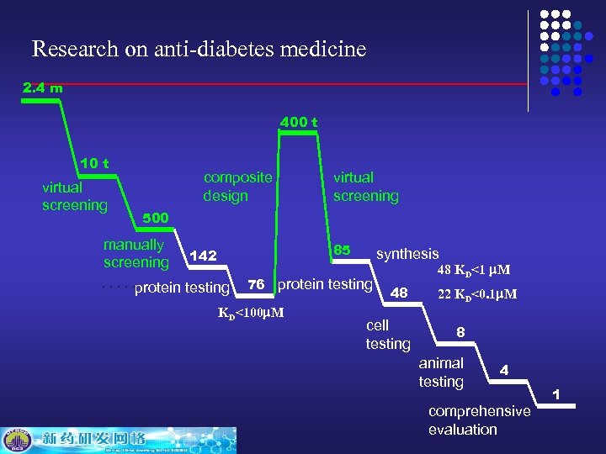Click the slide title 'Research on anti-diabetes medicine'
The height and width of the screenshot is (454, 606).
(199, 49)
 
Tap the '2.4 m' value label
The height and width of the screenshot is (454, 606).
(42, 87)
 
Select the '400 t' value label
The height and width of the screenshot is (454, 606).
(299, 122)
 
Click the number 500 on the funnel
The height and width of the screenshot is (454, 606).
(156, 218)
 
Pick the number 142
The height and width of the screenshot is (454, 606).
(204, 255)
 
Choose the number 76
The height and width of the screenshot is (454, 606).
(258, 284)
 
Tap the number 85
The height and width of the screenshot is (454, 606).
(342, 250)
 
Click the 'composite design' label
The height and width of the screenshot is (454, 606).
(237, 187)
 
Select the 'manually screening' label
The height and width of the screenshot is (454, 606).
(136, 254)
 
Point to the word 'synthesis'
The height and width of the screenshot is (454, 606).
(407, 254)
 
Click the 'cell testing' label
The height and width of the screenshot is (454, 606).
(388, 335)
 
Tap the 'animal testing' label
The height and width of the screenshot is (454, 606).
(441, 372)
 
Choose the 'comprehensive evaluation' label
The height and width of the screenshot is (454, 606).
(479, 420)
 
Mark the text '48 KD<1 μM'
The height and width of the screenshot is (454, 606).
(474, 271)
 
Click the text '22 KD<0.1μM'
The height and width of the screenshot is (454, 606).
(477, 294)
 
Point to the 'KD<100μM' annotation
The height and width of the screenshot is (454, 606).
(251, 314)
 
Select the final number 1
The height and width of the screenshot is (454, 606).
(555, 394)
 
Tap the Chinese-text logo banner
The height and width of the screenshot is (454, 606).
(118, 439)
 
